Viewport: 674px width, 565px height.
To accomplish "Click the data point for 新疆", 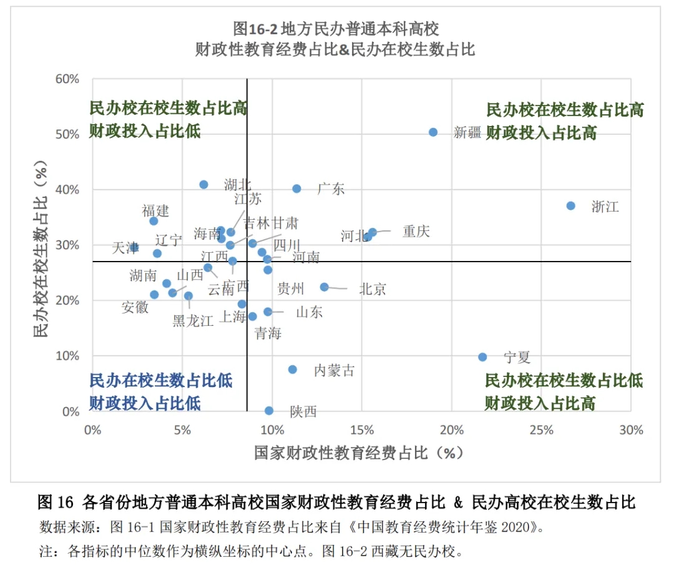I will click(x=433, y=132).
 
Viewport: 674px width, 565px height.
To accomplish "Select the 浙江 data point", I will click(x=570, y=206).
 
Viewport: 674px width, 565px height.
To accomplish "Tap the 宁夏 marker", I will click(x=482, y=357).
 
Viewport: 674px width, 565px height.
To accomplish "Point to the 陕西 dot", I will click(x=269, y=411).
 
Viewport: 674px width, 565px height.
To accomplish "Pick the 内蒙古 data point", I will click(x=293, y=370).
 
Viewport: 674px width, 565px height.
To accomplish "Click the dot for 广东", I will click(x=296, y=189).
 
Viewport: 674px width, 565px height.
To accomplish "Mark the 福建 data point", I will click(x=154, y=221).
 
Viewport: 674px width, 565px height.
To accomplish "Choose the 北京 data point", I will click(x=325, y=287).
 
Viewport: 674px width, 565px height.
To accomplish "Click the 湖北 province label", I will click(x=238, y=185).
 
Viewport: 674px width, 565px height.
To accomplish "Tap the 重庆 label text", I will click(x=416, y=232).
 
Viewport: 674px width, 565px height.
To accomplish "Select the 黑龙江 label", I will click(x=193, y=321).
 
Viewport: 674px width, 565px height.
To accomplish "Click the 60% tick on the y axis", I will click(x=67, y=79).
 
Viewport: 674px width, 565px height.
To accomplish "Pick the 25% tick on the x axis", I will click(x=541, y=430).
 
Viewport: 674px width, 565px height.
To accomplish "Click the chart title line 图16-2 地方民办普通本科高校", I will click(x=336, y=28).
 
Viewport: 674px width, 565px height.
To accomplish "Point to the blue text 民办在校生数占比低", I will click(x=161, y=381).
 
